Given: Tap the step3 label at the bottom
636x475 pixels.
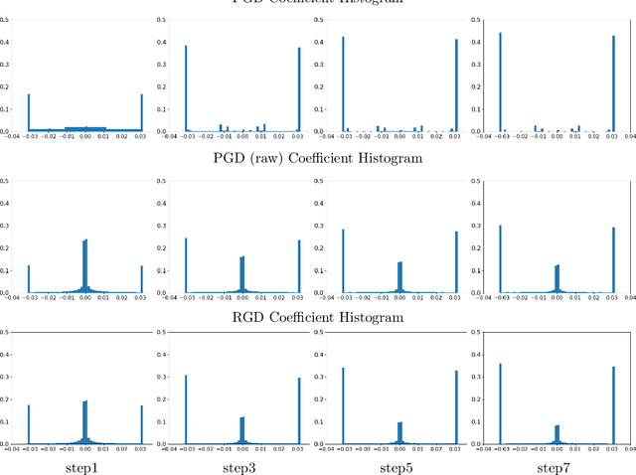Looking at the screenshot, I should (239, 466).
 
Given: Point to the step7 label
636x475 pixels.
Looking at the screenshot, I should (555, 466).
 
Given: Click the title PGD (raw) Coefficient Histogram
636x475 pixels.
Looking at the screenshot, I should (318, 158).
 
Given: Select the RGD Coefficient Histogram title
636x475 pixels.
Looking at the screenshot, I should (318, 317).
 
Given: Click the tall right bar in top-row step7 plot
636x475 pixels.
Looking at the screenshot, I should (614, 83).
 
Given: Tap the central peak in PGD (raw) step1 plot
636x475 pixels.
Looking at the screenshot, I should (85, 267).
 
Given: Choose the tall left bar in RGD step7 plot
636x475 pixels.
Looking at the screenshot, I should (501, 403).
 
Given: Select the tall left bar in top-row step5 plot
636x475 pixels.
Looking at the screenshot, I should (343, 84).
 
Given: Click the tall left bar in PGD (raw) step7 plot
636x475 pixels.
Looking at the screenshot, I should (501, 259).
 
